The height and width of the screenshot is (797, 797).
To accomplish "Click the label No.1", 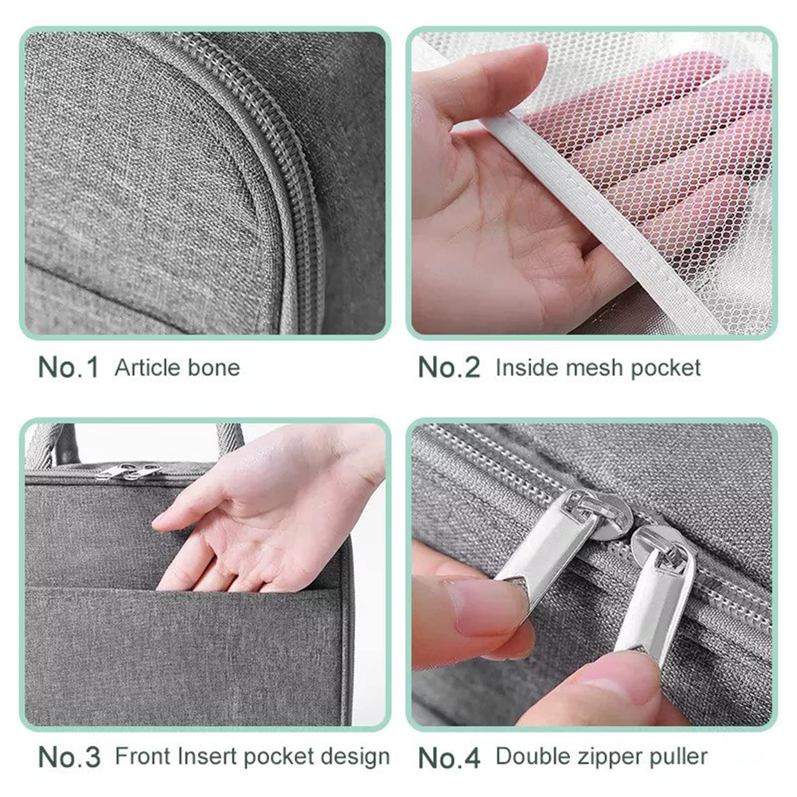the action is pyautogui.click(x=69, y=367).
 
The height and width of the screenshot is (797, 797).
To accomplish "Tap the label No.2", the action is pyautogui.click(x=449, y=367).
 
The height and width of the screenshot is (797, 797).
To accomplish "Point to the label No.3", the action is pyautogui.click(x=69, y=757).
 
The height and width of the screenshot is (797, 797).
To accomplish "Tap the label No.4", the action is pyautogui.click(x=449, y=757).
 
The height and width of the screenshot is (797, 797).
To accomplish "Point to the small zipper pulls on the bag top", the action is pyautogui.click(x=130, y=472).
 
